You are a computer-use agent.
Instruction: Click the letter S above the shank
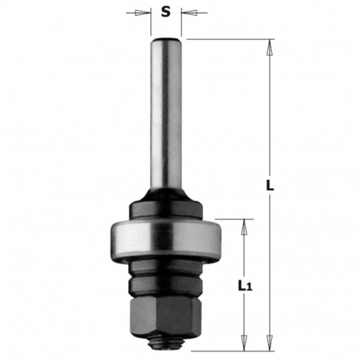[x=164, y=12]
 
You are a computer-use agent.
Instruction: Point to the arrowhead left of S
[x=144, y=13]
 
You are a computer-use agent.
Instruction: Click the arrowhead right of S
[x=186, y=13]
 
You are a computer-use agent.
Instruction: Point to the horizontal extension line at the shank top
[x=228, y=39]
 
